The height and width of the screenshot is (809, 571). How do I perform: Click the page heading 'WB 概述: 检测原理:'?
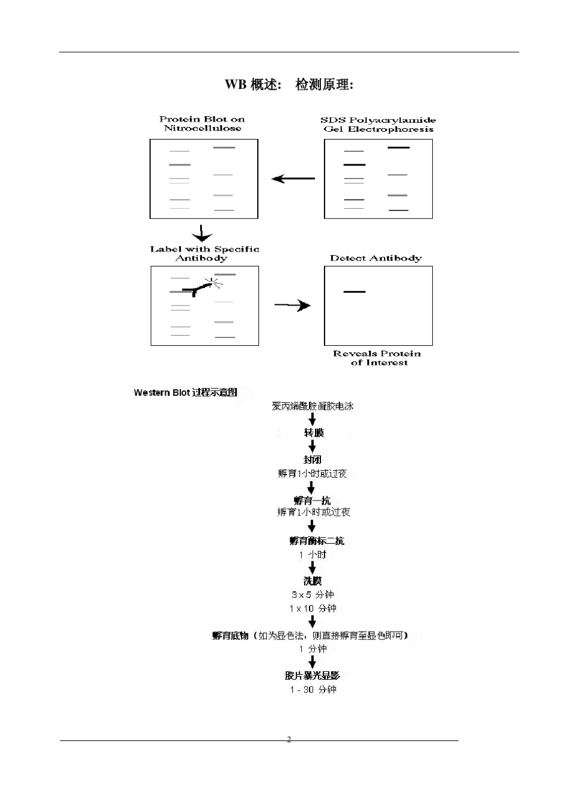289,85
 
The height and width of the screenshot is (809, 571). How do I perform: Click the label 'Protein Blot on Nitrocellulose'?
202,123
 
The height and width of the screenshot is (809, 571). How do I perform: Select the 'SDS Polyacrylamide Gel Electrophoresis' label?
378,125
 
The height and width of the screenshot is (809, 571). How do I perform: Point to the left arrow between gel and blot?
293,179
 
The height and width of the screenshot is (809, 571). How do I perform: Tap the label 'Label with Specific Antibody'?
204,254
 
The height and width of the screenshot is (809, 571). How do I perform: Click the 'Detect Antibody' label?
376,258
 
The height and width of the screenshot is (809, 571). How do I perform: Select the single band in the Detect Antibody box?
354,292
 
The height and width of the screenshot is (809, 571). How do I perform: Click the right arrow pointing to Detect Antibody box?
292,305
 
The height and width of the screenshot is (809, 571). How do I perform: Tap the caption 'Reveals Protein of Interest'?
377,358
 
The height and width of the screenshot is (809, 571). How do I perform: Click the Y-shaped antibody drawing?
197,288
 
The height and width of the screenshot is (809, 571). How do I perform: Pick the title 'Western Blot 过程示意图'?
186,392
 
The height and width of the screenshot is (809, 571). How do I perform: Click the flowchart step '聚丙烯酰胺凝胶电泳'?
313,406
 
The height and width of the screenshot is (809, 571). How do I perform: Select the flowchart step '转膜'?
314,432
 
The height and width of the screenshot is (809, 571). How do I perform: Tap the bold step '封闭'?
312,460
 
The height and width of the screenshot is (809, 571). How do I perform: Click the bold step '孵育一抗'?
312,500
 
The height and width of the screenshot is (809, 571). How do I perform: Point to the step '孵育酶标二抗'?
317,541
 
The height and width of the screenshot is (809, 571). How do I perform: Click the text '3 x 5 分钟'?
313,594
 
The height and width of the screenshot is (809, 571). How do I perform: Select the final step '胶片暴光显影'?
312,675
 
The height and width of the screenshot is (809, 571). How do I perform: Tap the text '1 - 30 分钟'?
313,689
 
